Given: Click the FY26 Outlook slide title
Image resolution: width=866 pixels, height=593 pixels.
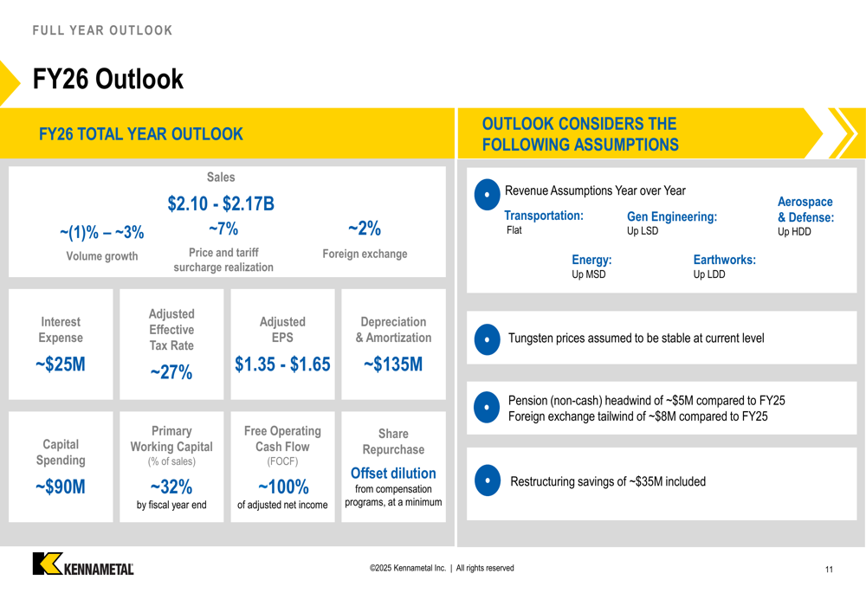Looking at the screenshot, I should pos(108,80).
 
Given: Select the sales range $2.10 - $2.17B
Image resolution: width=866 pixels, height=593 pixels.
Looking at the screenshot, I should pos(221,203).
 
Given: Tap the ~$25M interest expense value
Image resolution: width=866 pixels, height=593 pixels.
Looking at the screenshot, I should pos(61,364).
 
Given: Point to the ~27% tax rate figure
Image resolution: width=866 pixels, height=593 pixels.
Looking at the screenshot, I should pos(171,372).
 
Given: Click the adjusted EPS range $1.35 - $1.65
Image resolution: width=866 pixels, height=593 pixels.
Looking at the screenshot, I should pos(282,364).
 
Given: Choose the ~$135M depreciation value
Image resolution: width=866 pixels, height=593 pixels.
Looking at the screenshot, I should pos(393,364).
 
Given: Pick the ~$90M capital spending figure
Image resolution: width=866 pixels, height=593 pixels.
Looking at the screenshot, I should pos(61,487).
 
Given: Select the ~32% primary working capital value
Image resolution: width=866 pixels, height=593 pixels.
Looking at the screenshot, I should pos(171,487).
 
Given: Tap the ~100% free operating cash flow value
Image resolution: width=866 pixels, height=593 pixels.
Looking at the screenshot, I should pos(282,487).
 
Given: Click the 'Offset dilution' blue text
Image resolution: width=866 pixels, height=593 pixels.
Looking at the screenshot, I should pos(393,473).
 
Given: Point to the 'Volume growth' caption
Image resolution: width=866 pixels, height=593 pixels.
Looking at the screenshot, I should pos(102,256).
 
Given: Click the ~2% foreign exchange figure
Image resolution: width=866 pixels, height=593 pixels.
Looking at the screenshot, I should pos(365,229).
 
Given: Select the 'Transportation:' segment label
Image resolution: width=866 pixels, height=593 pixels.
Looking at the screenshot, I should pos(544,216).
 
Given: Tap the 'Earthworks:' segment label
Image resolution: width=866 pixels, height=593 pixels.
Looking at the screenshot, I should pos(724,260).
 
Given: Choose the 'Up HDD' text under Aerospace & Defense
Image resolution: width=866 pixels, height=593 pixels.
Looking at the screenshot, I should pos(794,232).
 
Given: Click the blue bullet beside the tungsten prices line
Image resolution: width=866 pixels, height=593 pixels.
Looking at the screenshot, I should pos(488,339).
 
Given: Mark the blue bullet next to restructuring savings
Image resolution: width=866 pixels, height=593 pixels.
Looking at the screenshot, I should pos(488,480).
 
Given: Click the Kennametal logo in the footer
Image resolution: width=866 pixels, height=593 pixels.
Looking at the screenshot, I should pos(83,564).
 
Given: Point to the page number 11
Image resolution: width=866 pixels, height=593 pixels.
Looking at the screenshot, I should pos(829,570).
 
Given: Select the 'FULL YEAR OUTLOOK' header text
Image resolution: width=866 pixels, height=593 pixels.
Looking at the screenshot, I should pos(103,30).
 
